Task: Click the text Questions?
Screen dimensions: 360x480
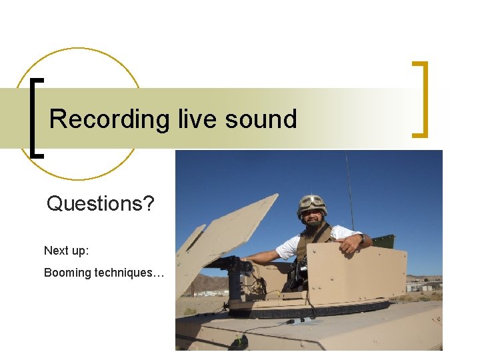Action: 100,203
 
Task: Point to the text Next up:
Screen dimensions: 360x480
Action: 67,251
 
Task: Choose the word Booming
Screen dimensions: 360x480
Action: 67,272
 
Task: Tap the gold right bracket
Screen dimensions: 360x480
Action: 421,99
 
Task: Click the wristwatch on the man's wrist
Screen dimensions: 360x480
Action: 360,238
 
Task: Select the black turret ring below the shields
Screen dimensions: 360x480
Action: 307,309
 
